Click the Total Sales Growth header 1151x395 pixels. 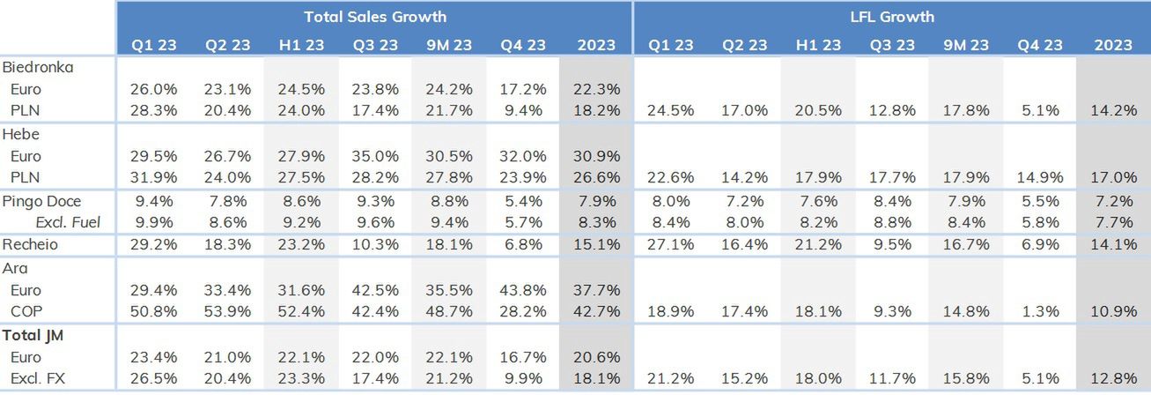coord(375,17)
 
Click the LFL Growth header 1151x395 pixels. coord(892,17)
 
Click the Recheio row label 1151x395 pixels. coord(30,244)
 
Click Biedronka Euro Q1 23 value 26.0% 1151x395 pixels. coord(153,89)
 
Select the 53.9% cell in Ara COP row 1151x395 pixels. coord(227,311)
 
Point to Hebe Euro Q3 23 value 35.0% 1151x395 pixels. coord(375,156)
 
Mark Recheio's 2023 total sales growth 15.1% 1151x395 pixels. coord(596,244)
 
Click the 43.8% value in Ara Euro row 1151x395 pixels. coord(522,290)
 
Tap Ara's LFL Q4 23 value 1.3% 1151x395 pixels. coord(1040,311)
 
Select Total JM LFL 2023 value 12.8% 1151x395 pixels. coord(1114,379)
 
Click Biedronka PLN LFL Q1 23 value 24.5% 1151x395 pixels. coord(671,110)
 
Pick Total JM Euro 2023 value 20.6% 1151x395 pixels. coord(596,357)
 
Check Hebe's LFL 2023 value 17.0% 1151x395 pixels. coord(1114,178)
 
